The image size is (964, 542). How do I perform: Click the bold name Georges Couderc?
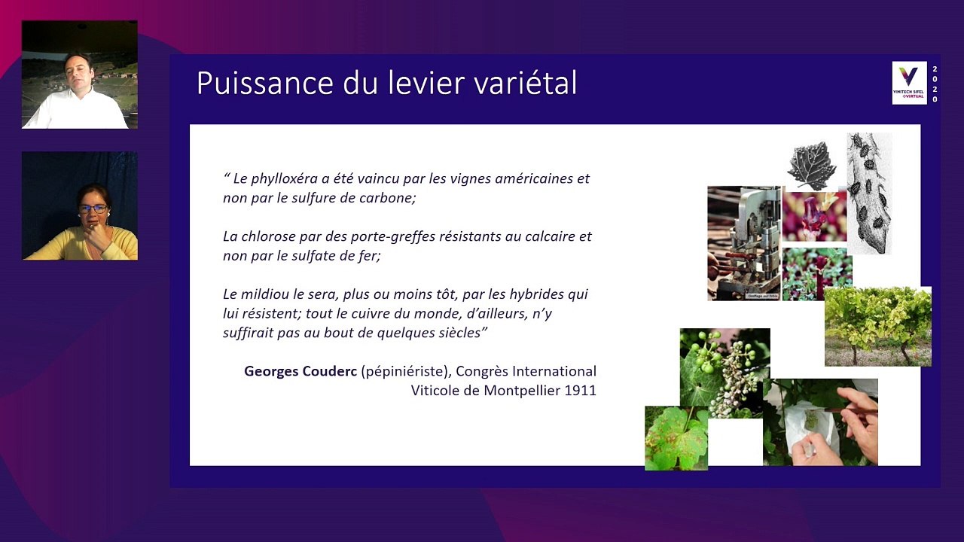point(300,371)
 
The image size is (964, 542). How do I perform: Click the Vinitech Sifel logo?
point(909,83)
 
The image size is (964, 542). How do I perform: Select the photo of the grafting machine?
point(743,242)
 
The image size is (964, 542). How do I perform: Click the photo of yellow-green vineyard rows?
point(877,326)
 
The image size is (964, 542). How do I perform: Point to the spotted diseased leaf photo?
point(676,438)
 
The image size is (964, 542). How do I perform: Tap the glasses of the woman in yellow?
point(93,209)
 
